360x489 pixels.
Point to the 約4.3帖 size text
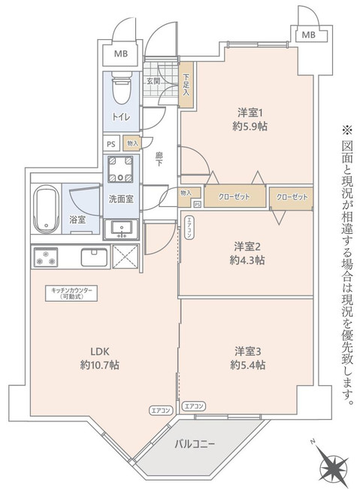[x=248, y=260]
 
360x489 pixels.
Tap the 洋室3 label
[x=248, y=351]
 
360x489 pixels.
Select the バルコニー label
[x=195, y=444]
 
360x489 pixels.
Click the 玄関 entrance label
[x=154, y=80]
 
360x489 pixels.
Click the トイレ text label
[x=120, y=118]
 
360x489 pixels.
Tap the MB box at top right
[x=308, y=35]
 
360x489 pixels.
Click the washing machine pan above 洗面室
[x=120, y=170]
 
